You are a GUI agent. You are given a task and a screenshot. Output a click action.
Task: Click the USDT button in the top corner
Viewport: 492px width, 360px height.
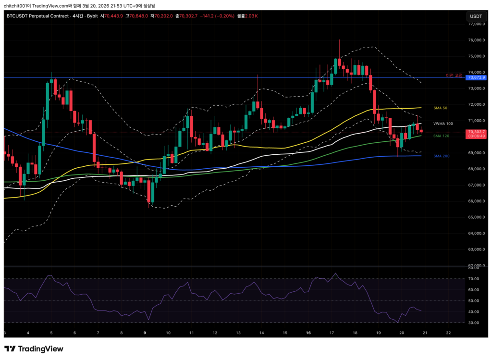tap(476, 16)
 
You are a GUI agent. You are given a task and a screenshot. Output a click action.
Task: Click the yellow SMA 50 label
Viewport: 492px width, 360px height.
tap(440, 108)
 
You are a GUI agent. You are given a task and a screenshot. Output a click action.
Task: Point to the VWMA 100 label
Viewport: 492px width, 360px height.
tap(443, 124)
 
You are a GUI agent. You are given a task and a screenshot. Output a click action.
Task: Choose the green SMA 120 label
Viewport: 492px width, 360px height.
tap(441, 136)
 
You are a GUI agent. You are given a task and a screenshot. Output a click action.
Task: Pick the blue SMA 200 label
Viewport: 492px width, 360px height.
tap(441, 156)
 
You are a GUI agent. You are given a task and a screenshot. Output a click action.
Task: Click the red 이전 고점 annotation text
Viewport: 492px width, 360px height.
tap(454, 75)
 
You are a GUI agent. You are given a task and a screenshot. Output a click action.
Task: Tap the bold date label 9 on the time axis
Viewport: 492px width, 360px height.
tap(145, 333)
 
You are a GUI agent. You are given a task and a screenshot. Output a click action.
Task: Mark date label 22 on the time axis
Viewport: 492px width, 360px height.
tap(448, 333)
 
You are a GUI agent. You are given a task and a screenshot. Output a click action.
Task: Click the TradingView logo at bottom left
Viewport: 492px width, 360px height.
tap(34, 349)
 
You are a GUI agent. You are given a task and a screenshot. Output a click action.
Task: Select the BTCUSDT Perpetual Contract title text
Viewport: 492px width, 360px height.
tap(37, 16)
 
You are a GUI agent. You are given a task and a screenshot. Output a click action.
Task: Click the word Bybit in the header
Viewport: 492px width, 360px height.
tap(92, 16)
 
